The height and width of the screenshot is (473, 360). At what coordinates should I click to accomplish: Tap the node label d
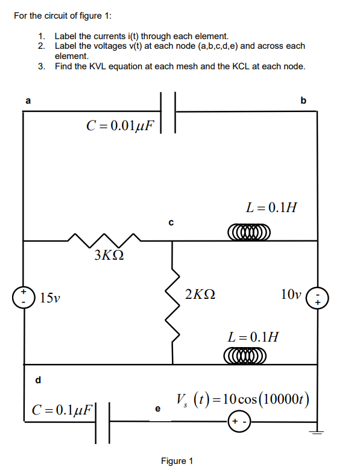pyautogui.click(x=39, y=380)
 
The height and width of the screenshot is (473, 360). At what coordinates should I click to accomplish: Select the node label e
pyautogui.click(x=158, y=409)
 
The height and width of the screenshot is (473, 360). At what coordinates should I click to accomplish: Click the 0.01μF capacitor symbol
pyautogui.click(x=168, y=111)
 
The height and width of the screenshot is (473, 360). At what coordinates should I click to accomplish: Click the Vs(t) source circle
pyautogui.click(x=238, y=422)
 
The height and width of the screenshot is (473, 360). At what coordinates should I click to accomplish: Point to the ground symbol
pyautogui.click(x=316, y=431)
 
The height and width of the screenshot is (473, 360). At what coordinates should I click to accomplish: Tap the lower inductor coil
pyautogui.click(x=244, y=356)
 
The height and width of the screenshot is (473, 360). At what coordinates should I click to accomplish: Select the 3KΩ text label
pyautogui.click(x=110, y=255)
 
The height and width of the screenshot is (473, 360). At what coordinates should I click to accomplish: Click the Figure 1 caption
pyautogui.click(x=177, y=461)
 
